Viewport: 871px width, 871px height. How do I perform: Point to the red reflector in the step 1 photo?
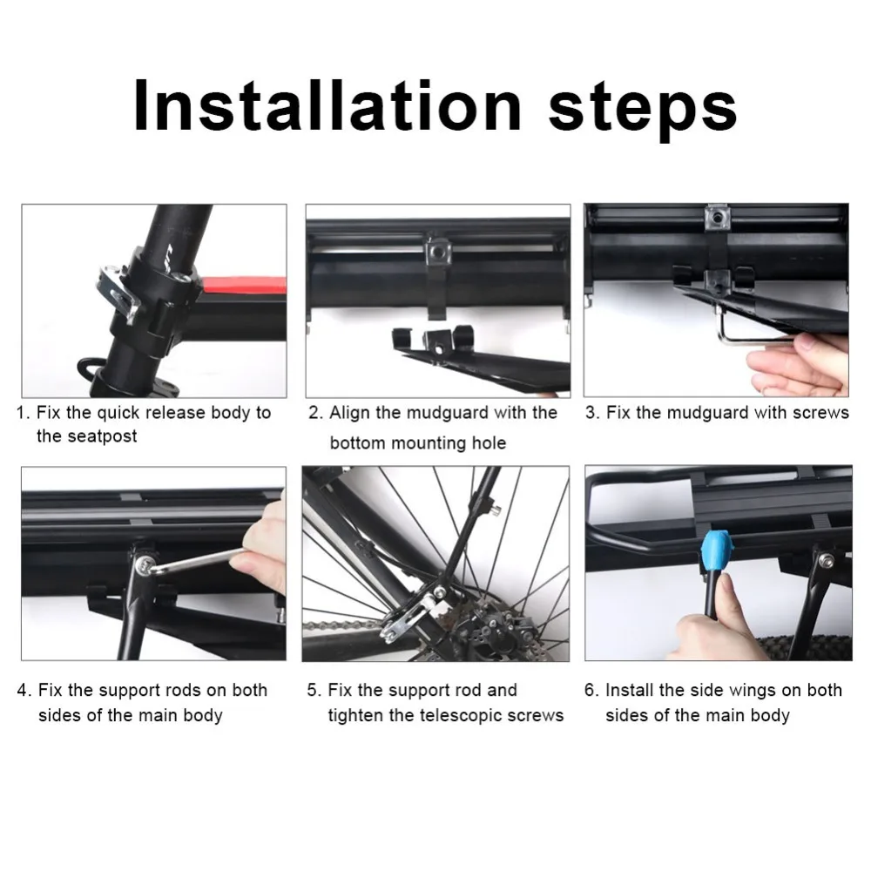(x=243, y=285)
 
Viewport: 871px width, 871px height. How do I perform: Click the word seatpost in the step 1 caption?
(x=86, y=436)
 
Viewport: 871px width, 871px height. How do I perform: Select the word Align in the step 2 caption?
(x=350, y=412)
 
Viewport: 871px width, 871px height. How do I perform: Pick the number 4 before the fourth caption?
(x=23, y=691)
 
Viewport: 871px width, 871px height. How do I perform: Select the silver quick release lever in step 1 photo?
(x=117, y=289)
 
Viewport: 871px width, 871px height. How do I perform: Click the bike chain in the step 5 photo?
(x=340, y=625)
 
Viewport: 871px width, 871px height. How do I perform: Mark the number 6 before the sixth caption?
(x=591, y=691)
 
